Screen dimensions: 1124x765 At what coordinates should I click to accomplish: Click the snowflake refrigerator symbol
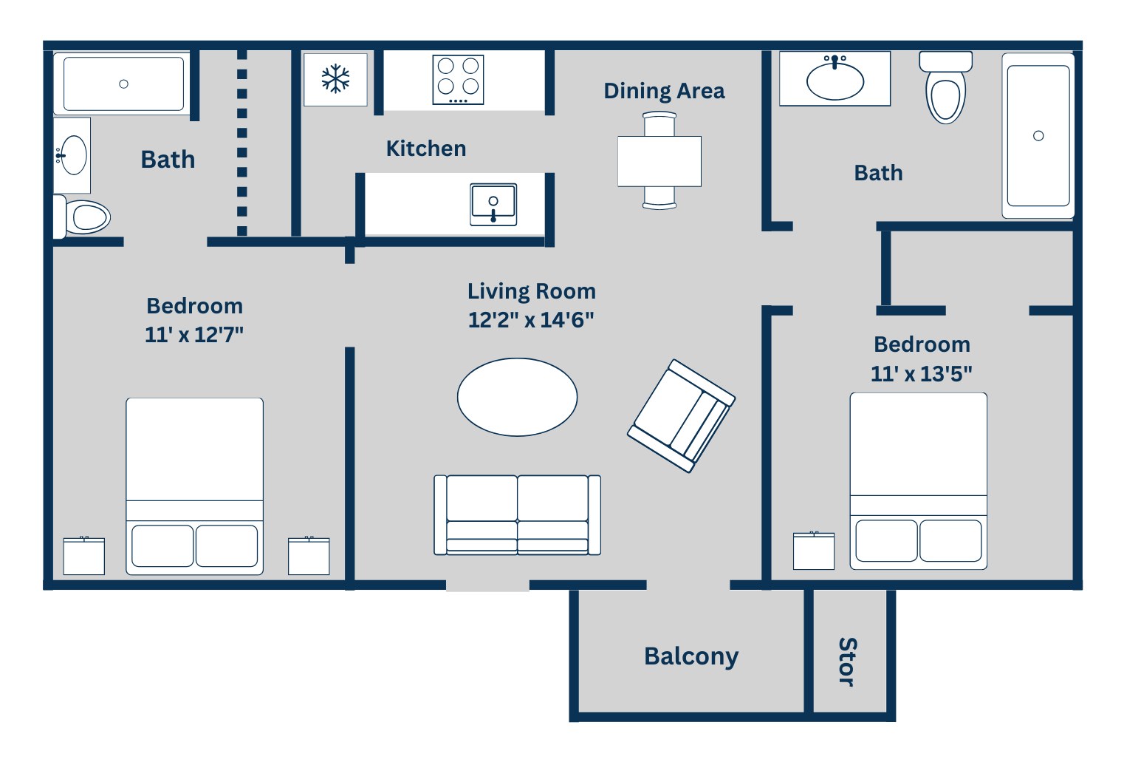coord(335,79)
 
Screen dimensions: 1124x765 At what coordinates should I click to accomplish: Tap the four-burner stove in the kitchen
coord(458,80)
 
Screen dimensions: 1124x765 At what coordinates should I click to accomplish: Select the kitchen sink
coord(493,205)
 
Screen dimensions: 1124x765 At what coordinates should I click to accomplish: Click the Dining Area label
coord(664,91)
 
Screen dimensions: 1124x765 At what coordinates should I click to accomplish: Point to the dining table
coord(659,161)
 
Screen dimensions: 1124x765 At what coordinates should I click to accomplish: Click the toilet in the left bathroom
coord(82,217)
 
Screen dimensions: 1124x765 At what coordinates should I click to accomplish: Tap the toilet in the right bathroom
coord(946,88)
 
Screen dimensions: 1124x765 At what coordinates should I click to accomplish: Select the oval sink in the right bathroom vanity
coord(835,79)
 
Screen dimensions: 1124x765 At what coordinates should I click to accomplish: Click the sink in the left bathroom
coord(73,155)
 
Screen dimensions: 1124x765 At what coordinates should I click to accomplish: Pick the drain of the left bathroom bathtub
coord(123,84)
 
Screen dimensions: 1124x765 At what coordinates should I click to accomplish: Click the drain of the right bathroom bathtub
coord(1038,135)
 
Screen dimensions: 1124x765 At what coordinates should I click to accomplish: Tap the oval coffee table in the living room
coord(518,397)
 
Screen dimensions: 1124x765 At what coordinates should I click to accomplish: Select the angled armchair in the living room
coord(681,416)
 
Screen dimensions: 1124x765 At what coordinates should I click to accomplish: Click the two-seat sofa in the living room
coord(518,515)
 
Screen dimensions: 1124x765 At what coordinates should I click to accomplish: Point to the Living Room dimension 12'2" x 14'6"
coord(531,320)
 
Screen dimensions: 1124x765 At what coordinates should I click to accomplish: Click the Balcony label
coord(691,656)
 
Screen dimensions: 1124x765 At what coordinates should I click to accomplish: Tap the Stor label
coord(848,662)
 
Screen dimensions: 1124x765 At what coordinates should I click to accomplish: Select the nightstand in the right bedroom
coord(813,551)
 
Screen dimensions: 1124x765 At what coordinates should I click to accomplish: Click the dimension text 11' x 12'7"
coord(194,335)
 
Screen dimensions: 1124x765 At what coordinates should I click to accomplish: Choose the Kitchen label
coord(426,149)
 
